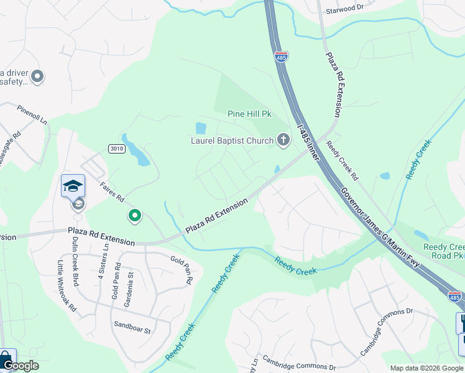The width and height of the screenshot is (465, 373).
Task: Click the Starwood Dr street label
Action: click(x=344, y=11)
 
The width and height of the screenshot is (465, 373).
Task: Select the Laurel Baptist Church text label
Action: click(x=232, y=140)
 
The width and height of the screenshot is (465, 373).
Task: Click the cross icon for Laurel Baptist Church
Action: click(x=283, y=140)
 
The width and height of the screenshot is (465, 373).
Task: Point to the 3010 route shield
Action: click(x=116, y=149)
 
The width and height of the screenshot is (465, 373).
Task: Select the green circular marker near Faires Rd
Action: click(x=134, y=216)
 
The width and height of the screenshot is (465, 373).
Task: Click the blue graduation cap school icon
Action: click(x=73, y=186)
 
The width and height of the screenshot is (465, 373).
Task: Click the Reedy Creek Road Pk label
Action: click(x=444, y=251)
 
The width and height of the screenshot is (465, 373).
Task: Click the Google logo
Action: click(x=21, y=366)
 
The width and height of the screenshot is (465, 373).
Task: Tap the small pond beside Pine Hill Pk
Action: click(x=200, y=129)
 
